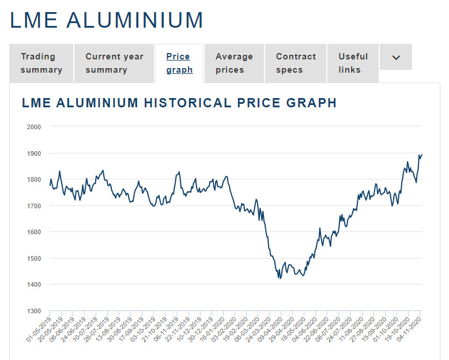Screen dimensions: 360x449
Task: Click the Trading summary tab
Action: point(41,63)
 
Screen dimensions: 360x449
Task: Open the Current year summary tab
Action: point(114,63)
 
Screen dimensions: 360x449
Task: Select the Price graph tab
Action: point(179,63)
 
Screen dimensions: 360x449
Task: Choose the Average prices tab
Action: point(234,63)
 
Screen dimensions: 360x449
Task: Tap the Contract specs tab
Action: point(296,63)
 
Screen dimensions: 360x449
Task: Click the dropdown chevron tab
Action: point(396,57)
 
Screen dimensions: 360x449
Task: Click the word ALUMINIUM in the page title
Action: point(135,20)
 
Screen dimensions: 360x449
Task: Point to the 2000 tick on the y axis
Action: point(34,126)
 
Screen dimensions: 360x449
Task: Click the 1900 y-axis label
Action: point(34,153)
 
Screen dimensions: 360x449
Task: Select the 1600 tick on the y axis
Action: point(34,232)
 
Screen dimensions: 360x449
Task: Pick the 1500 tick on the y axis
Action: point(34,258)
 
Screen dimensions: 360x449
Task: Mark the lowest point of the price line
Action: point(280,278)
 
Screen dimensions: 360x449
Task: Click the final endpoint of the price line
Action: point(422,155)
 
